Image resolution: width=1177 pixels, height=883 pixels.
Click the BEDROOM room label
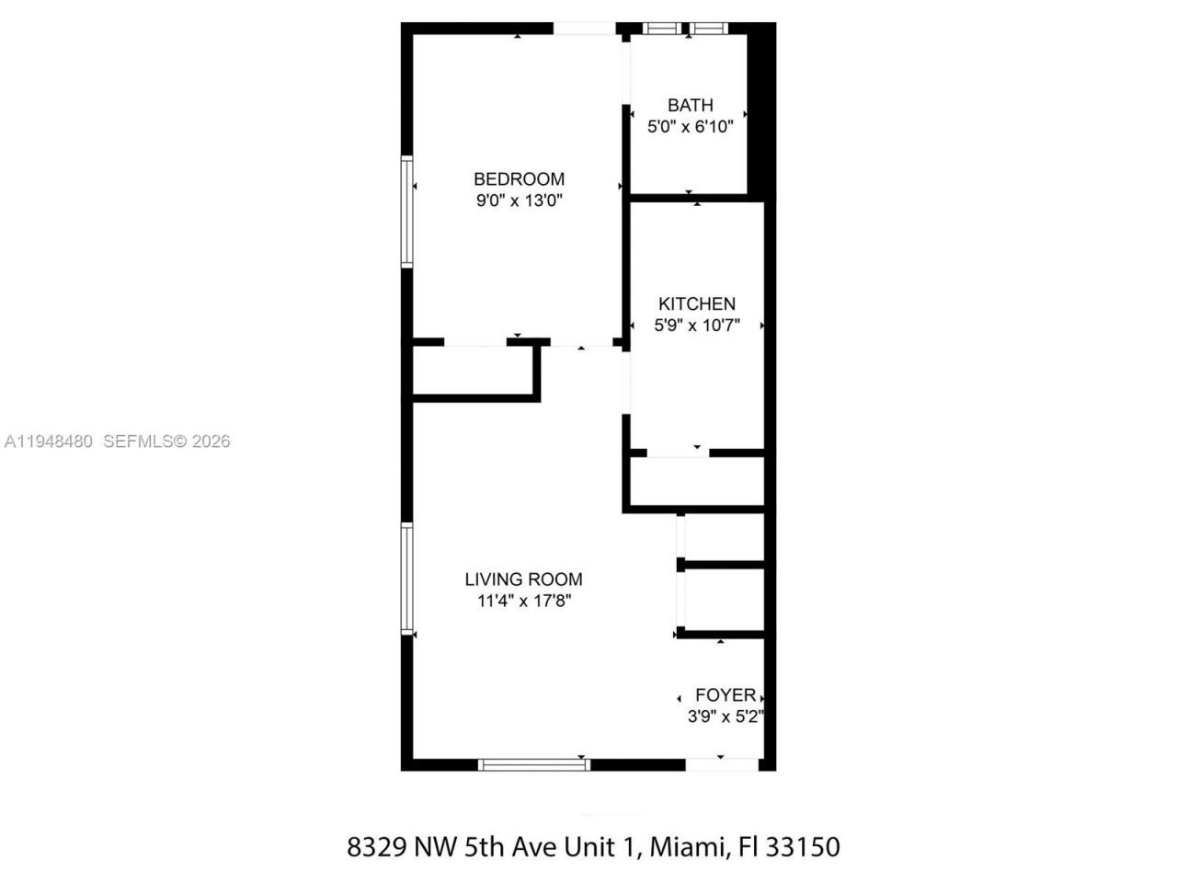(x=519, y=178)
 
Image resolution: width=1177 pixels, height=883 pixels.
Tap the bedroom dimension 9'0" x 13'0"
(x=519, y=201)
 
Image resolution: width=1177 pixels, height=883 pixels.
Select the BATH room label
(x=690, y=105)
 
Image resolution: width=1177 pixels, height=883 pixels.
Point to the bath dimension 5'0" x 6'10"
(x=690, y=127)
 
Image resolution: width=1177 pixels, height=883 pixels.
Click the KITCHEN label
(x=696, y=304)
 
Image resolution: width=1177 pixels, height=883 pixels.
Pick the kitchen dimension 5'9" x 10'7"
(x=696, y=325)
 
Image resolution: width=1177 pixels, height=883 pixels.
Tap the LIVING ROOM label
(x=523, y=579)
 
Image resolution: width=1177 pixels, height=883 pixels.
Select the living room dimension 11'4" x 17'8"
(x=523, y=602)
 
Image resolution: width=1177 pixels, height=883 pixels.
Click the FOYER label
(x=725, y=695)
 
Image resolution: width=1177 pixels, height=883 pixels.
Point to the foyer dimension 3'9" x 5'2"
(x=726, y=717)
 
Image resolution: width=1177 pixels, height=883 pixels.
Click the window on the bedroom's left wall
(x=406, y=212)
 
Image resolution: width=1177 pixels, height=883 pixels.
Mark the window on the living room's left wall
(x=406, y=579)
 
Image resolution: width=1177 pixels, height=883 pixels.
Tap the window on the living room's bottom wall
(x=534, y=763)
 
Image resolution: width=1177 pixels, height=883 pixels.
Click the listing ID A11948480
(x=48, y=441)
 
